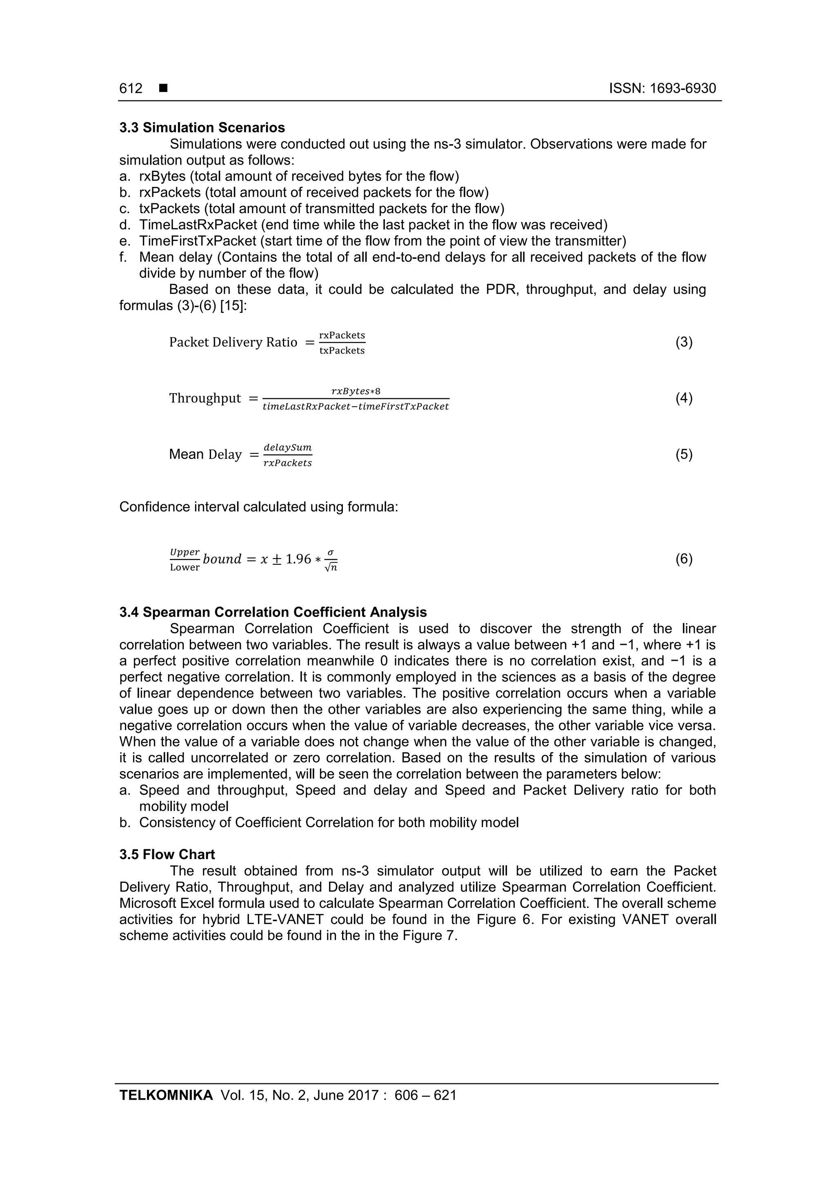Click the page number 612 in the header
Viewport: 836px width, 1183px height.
[131, 89]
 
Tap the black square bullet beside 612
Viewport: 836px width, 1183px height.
[163, 89]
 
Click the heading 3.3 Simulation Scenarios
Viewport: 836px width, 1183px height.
[202, 128]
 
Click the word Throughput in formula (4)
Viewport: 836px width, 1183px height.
[205, 398]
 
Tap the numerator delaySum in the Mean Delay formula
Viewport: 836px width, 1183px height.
[287, 447]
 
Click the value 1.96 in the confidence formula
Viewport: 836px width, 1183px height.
[298, 559]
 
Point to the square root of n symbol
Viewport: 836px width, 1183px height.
[331, 568]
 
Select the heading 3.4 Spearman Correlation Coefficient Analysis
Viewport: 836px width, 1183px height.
[273, 612]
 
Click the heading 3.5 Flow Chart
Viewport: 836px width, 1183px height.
[167, 855]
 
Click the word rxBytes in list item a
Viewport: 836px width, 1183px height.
[162, 176]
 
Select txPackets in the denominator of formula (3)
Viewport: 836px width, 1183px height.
[342, 350]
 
